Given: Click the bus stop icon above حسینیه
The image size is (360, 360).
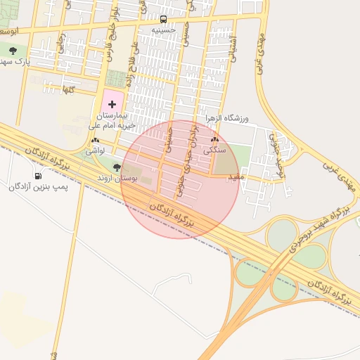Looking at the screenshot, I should point(164,20).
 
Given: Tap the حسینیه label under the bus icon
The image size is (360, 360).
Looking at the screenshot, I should point(164,30).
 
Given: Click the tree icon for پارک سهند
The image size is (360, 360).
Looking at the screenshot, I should point(13,51).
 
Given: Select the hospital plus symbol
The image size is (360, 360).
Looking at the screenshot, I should point(112,103).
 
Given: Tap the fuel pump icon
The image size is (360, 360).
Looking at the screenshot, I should point(37,176).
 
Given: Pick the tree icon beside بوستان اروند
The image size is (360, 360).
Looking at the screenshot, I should point(117,168).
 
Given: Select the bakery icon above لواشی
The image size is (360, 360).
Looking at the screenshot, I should point(95,141).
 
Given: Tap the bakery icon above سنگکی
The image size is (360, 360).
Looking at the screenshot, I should point(214,140).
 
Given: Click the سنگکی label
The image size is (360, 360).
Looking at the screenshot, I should point(214,150).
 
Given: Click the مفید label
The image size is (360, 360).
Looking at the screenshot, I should point(234,177).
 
